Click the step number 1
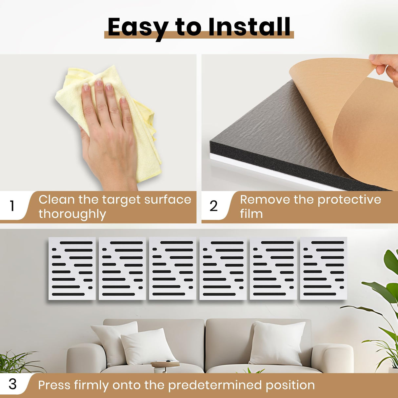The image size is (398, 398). point(12,206)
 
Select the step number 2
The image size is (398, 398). point(213,206)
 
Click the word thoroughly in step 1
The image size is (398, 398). point(72,214)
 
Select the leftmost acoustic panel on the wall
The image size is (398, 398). point(72,269)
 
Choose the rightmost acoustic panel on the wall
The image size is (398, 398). point(324,268)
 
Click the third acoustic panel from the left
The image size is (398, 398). point(172,268)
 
